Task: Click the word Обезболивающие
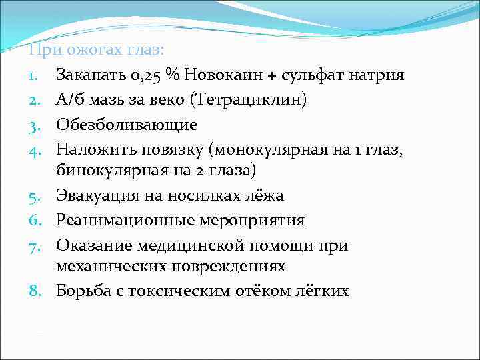[127, 124]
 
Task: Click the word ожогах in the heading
[90, 51]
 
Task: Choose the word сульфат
[312, 75]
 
